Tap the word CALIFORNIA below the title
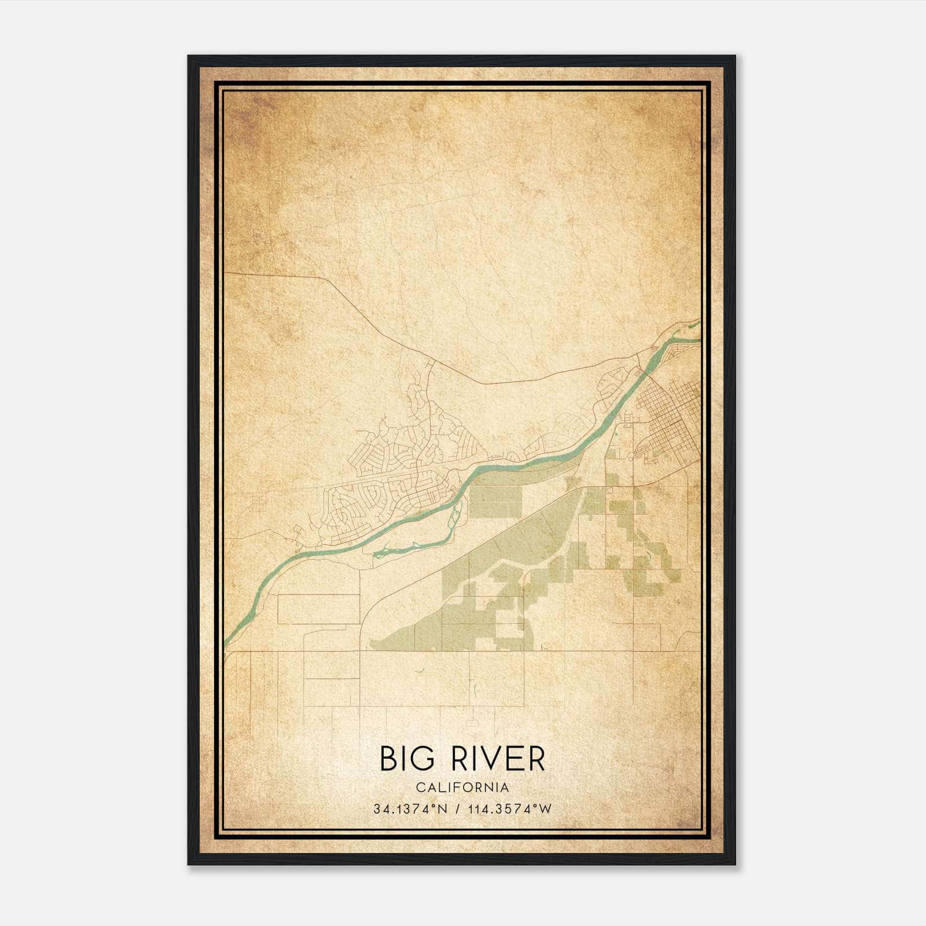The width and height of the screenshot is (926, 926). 462,788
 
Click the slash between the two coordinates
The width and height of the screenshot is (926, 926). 459,809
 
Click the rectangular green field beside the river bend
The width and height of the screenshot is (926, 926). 495,501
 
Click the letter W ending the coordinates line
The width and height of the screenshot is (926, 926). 546,809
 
